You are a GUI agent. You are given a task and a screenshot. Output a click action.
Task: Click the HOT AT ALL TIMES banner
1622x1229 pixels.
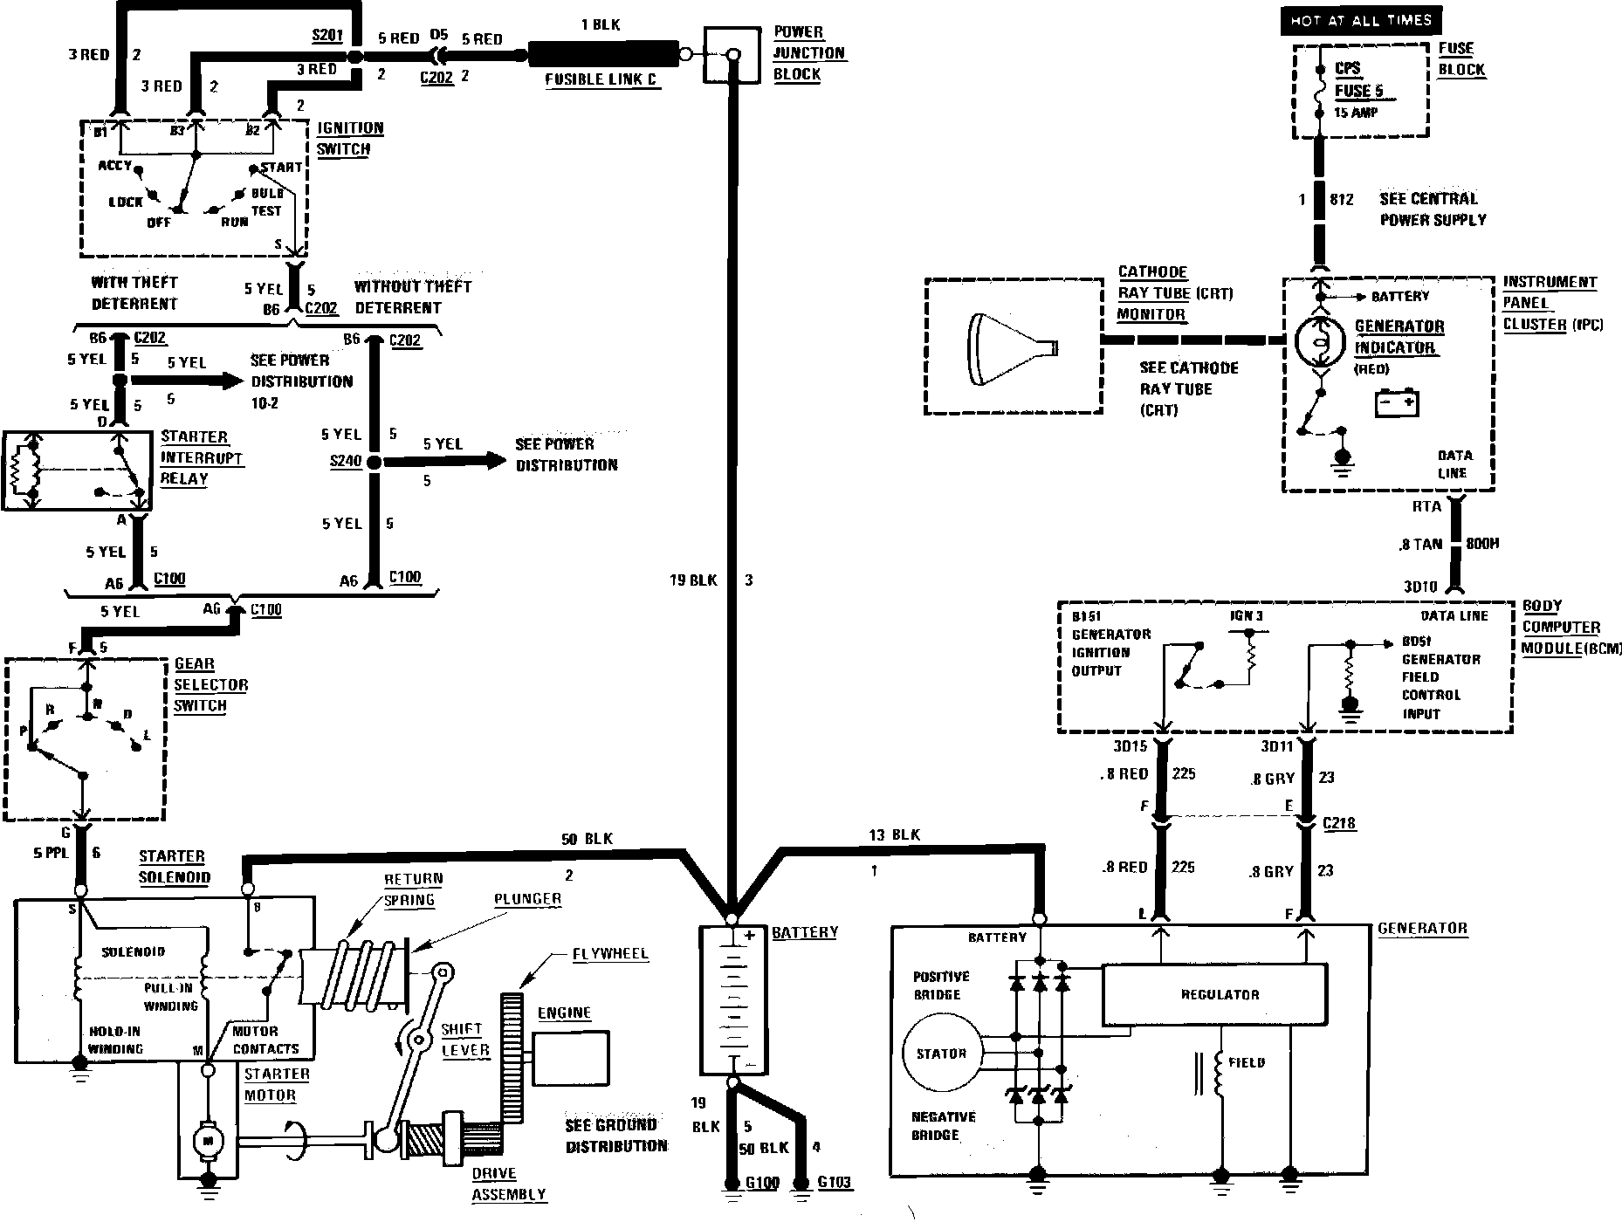click(1361, 20)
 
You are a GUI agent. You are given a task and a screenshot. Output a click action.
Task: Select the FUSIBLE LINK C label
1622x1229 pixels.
click(601, 79)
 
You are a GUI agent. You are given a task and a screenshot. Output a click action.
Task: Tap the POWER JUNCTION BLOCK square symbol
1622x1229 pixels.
click(732, 55)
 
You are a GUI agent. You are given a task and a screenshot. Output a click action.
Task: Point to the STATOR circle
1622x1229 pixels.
click(940, 1054)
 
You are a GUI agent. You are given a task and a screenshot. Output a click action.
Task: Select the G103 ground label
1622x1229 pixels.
click(834, 1183)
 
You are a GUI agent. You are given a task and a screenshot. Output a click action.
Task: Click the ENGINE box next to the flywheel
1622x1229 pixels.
click(570, 1058)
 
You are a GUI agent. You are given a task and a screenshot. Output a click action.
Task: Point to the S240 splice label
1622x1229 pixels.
click(346, 462)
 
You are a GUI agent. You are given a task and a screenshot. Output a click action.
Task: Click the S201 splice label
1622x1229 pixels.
click(327, 36)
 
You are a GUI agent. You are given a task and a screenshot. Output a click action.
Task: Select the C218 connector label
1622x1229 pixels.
click(1339, 823)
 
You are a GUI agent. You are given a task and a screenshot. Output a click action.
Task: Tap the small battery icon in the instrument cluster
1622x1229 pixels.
click(1397, 404)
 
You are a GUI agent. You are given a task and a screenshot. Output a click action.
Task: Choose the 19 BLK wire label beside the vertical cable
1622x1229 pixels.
click(693, 580)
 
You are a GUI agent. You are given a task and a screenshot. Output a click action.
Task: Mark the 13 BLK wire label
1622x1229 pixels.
click(894, 835)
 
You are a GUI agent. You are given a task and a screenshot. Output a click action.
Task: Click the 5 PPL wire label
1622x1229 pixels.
click(51, 853)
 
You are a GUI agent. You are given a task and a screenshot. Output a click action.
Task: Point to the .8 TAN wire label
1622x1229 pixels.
click(1419, 545)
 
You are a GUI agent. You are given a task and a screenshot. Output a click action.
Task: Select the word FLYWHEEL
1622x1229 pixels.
click(610, 954)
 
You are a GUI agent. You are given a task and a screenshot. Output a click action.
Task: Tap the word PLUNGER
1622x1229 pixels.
click(527, 899)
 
